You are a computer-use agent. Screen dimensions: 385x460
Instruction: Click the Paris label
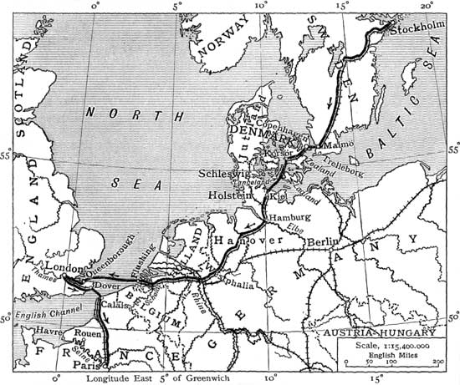click(x=86, y=364)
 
